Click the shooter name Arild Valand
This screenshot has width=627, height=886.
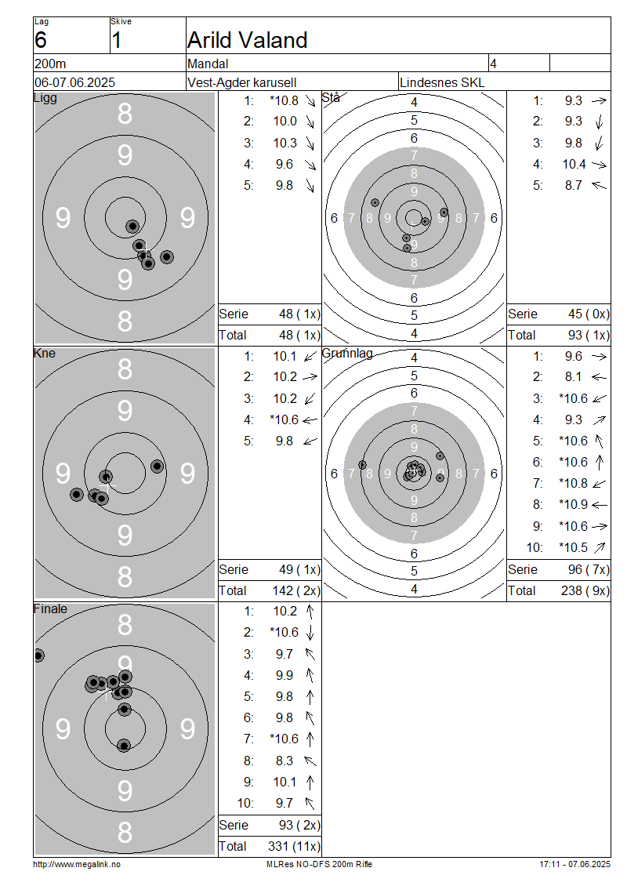pyautogui.click(x=248, y=40)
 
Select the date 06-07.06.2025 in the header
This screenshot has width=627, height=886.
pyautogui.click(x=74, y=82)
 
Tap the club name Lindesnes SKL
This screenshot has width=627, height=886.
pyautogui.click(x=442, y=82)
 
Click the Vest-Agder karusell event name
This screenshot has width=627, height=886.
pyautogui.click(x=241, y=82)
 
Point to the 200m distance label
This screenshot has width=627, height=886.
pyautogui.click(x=50, y=64)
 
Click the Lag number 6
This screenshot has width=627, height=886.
pyautogui.click(x=41, y=40)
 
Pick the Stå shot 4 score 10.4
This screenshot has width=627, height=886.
pyautogui.click(x=574, y=165)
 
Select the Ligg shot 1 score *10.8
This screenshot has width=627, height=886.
pyautogui.click(x=285, y=100)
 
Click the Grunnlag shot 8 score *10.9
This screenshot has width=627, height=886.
pyautogui.click(x=574, y=505)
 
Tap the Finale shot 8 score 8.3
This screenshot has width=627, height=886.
pyautogui.click(x=285, y=761)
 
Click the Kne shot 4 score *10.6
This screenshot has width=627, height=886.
pyautogui.click(x=285, y=419)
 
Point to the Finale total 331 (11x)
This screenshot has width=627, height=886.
pyautogui.click(x=294, y=847)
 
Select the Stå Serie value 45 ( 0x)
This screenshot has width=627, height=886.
pyautogui.click(x=589, y=314)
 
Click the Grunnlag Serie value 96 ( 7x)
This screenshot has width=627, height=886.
pyautogui.click(x=589, y=569)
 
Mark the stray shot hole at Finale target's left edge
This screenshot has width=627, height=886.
pyautogui.click(x=38, y=655)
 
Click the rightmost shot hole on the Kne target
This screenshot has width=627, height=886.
pyautogui.click(x=157, y=467)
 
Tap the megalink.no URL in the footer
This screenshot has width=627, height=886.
pyautogui.click(x=77, y=865)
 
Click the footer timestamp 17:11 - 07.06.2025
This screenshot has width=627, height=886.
pyautogui.click(x=574, y=865)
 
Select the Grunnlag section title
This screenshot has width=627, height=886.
pyautogui.click(x=347, y=354)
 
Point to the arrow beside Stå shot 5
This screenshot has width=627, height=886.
pyautogui.click(x=599, y=185)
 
